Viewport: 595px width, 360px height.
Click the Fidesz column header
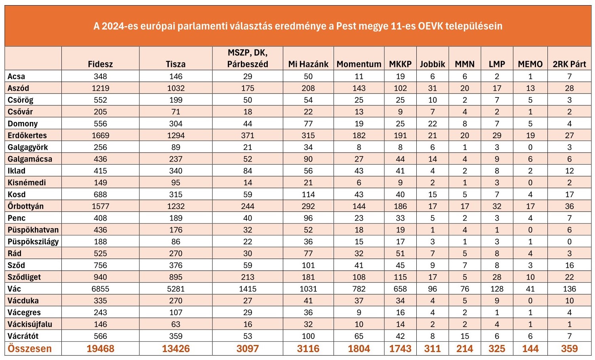coord(100,64)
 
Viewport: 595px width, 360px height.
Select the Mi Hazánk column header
coord(308,64)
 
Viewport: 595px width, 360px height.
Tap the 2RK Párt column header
coord(569,64)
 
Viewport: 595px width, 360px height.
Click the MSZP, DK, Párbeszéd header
coord(248,58)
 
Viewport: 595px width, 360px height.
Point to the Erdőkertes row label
coord(27,135)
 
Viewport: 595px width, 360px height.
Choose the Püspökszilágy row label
coord(33,242)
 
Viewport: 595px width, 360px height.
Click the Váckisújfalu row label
coord(30,324)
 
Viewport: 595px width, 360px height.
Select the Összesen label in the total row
coord(29,349)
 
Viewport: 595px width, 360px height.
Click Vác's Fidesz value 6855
coord(100,289)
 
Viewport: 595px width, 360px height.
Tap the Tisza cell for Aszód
coord(175,88)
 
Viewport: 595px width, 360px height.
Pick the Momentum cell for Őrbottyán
coord(359,206)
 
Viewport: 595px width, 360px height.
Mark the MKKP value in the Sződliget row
coord(400,277)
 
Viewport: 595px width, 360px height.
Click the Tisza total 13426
coord(176,349)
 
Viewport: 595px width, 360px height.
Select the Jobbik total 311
coord(433,349)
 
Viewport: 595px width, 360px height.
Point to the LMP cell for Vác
coord(497,289)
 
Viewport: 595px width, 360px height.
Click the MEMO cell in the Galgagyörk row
coord(530,147)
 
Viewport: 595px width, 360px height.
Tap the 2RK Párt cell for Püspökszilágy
coord(569,242)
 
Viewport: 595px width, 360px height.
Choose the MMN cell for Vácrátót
coord(465,336)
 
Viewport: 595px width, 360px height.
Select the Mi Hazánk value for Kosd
coord(308,194)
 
